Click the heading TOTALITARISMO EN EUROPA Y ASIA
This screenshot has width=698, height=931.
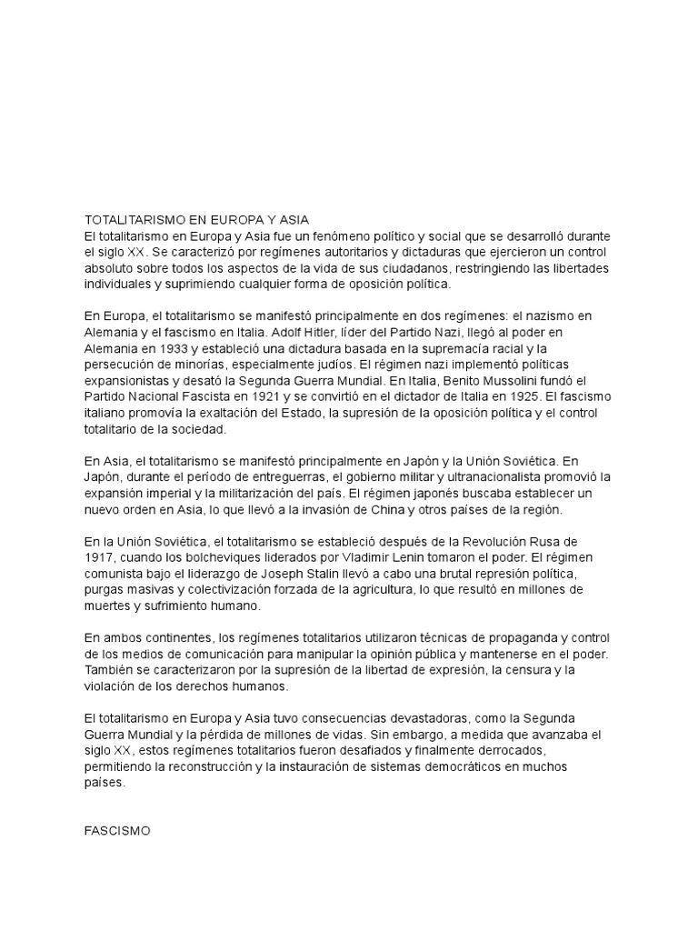tap(197, 219)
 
